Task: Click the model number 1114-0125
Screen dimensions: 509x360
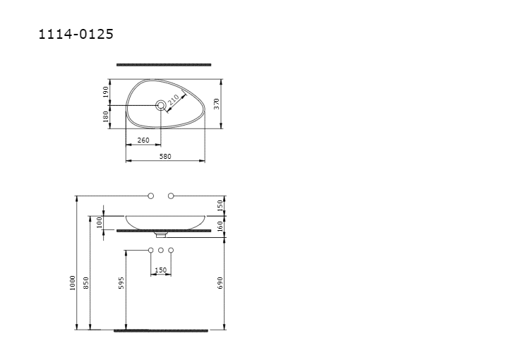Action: point(76,34)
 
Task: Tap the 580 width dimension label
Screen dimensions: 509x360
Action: point(165,157)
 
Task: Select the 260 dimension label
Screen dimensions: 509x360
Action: point(143,140)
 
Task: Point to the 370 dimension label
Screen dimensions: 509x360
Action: point(217,104)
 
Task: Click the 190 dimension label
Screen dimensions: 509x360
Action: point(105,92)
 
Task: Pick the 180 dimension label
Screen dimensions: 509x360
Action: point(105,116)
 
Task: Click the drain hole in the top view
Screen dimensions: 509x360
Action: point(161,105)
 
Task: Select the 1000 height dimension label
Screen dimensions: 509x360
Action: point(73,283)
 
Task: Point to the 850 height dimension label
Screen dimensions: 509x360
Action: point(85,283)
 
